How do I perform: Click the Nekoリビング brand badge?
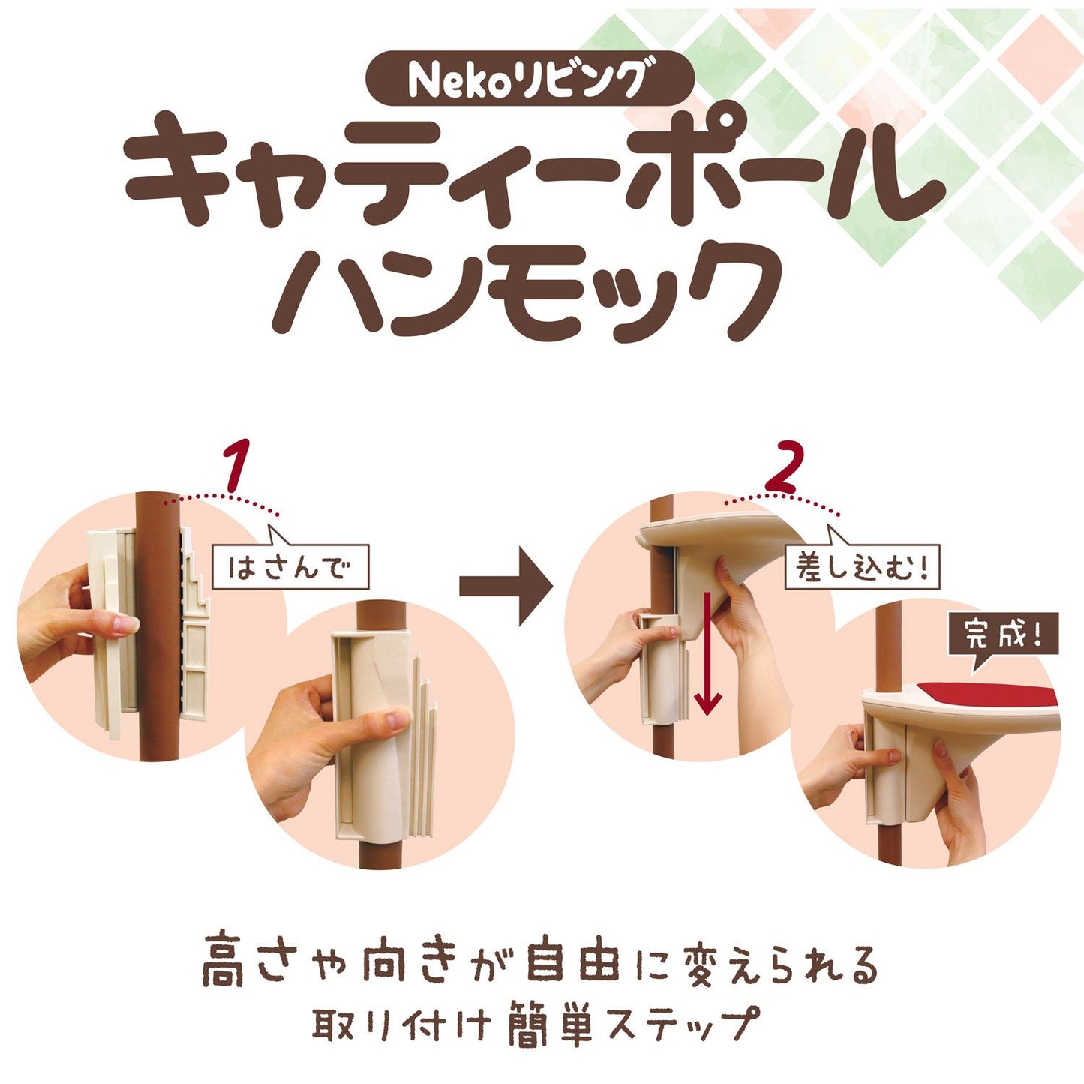[x=528, y=79]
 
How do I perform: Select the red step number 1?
[x=237, y=467]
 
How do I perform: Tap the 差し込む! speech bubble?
[x=862, y=567]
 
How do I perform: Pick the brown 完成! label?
[x=1003, y=636]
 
